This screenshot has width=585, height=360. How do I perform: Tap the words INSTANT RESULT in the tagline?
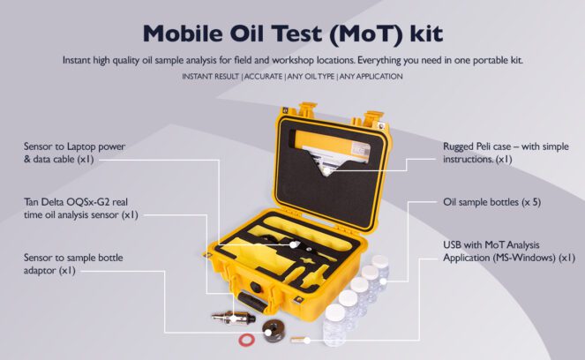pyautogui.click(x=210, y=77)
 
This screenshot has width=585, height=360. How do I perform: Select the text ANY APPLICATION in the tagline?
pyautogui.click(x=371, y=77)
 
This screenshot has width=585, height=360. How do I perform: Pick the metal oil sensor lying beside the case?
pyautogui.click(x=228, y=315)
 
